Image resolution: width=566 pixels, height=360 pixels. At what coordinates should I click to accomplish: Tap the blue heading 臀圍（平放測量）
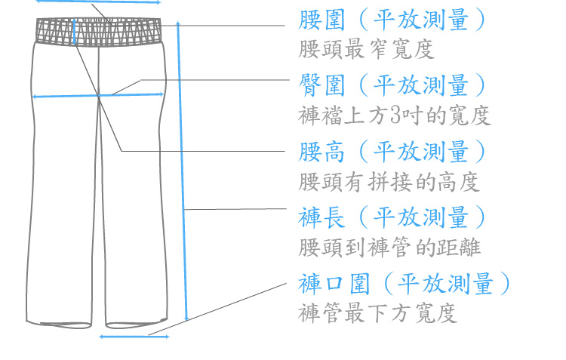coord(392,85)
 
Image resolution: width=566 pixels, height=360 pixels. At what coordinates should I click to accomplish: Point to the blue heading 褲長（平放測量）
coord(392,218)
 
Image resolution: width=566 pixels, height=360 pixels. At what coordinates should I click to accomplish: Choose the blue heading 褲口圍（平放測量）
coord(405,285)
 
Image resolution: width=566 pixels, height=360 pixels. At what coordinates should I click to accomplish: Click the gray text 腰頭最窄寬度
coord(366,50)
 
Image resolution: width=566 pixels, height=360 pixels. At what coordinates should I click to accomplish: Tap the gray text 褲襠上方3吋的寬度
coord(395,115)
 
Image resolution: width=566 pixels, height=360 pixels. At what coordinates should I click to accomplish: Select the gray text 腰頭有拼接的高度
coord(389,182)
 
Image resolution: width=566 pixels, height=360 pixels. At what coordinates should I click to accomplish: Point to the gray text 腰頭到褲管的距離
coord(389,248)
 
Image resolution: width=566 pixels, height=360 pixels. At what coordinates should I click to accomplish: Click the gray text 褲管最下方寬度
coord(377,313)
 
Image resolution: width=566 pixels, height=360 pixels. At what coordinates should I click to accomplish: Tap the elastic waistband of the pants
coord(100,33)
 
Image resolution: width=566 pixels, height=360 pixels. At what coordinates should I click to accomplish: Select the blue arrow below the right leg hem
coord(134,337)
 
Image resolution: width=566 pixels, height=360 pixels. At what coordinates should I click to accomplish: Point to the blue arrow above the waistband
coord(98,2)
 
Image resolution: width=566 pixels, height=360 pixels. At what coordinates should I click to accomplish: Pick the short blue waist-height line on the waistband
coord(74,33)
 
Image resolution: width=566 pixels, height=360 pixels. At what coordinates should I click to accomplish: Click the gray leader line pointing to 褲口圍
coord(219,309)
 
